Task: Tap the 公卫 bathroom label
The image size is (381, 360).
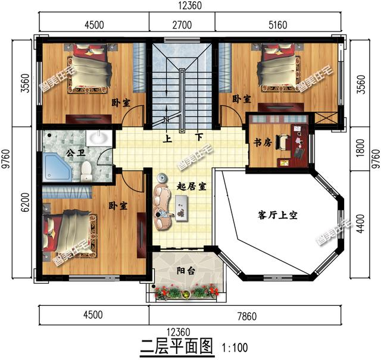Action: [x=74, y=153]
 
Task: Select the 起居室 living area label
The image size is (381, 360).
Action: [x=191, y=186]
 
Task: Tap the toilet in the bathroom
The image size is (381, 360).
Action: [x=87, y=171]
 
